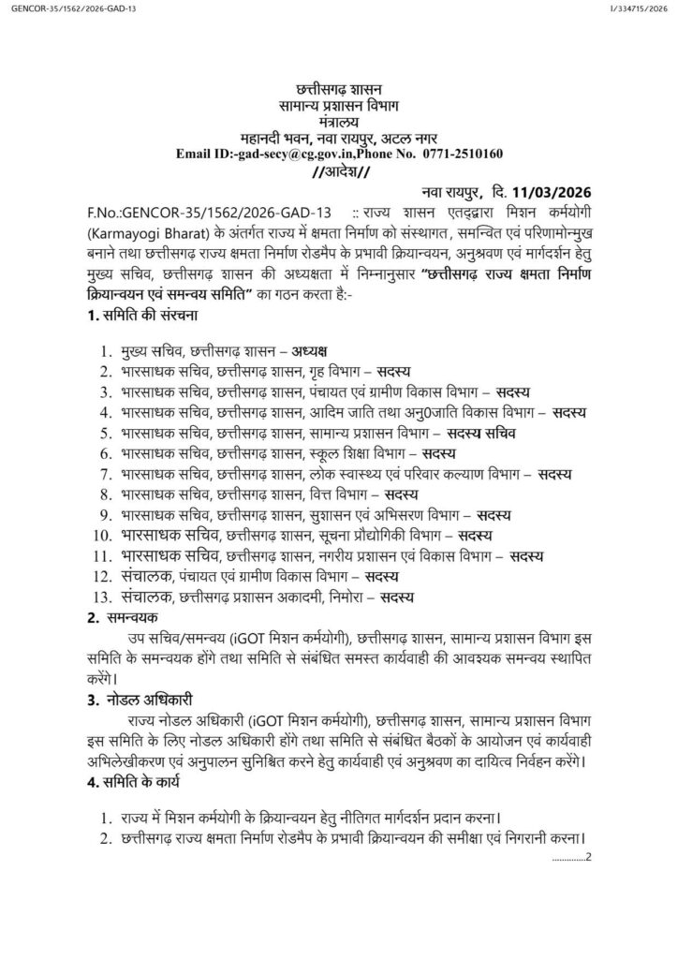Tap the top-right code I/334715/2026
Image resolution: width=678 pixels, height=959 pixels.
pos(639,9)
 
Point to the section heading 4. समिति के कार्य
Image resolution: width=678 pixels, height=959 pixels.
pos(142,780)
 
